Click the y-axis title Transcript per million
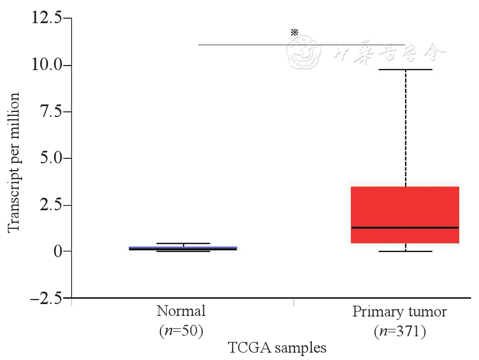[14, 162]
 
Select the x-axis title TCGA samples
[277, 346]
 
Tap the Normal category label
[181, 311]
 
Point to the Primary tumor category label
[399, 311]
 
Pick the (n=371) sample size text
[399, 330]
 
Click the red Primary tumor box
[405, 206]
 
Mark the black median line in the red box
[405, 227]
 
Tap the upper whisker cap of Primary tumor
[405, 70]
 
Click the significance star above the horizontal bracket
[294, 32]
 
